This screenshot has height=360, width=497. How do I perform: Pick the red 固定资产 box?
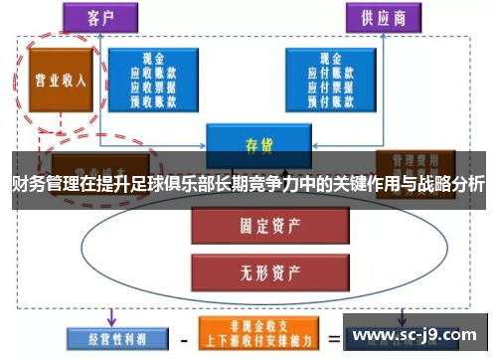[x=256, y=224]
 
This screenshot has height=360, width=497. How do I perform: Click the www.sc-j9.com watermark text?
[x=414, y=334]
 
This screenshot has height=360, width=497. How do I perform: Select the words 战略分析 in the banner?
[x=457, y=185]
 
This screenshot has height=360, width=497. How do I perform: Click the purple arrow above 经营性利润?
[x=111, y=316]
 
